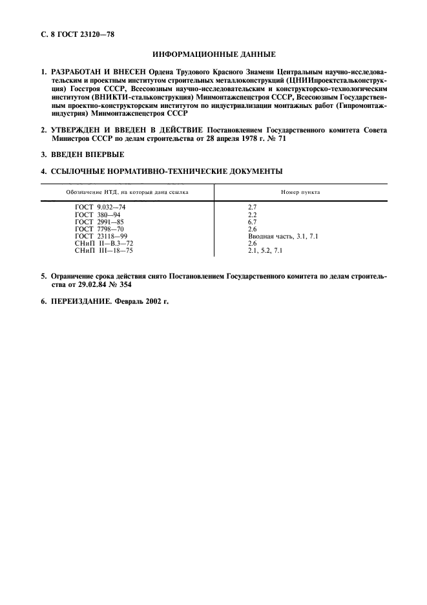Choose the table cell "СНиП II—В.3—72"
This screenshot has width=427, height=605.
pyautogui.click(x=103, y=243)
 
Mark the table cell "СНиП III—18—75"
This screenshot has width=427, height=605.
pyautogui.click(x=103, y=250)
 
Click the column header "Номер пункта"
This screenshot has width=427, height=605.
pyautogui.click(x=300, y=193)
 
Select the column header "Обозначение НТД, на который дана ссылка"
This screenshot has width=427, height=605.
pyautogui.click(x=127, y=193)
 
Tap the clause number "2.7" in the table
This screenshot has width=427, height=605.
pyautogui.click(x=253, y=207)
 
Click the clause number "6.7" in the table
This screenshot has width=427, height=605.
pyautogui.click(x=253, y=221)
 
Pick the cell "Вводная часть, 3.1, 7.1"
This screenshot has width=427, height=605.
pyautogui.click(x=283, y=236)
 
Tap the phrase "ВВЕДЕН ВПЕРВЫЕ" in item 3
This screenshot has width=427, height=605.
pyautogui.click(x=87, y=155)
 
